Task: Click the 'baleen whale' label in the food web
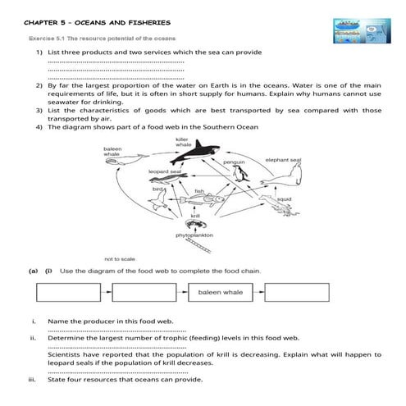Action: tap(112, 152)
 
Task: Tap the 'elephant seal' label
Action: tap(282, 160)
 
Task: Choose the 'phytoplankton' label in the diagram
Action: tap(194, 235)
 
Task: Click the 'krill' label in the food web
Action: tap(194, 215)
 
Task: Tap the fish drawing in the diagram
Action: tap(199, 199)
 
